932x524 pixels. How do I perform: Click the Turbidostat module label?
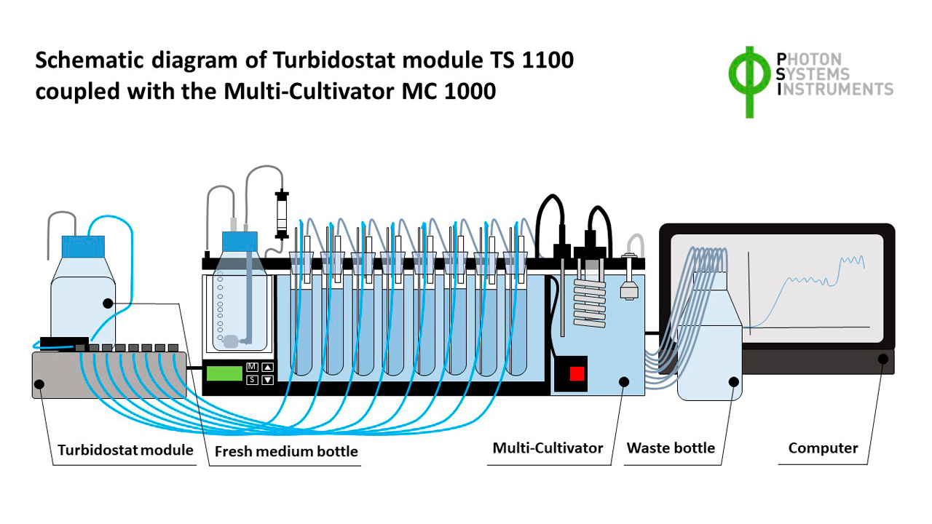click(x=125, y=450)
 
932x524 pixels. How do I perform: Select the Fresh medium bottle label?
click(x=286, y=451)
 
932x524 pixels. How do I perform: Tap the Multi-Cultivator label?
click(x=548, y=448)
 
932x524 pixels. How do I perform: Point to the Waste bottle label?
click(x=671, y=448)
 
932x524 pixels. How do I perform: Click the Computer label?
click(x=823, y=448)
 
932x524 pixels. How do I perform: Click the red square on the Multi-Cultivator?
click(x=577, y=373)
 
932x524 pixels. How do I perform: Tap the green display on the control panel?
click(x=224, y=373)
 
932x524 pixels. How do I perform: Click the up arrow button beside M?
click(x=268, y=367)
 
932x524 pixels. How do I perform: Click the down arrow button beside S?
click(x=268, y=380)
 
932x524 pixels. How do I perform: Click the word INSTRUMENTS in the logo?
click(x=838, y=90)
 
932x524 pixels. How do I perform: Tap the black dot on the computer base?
click(x=883, y=358)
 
